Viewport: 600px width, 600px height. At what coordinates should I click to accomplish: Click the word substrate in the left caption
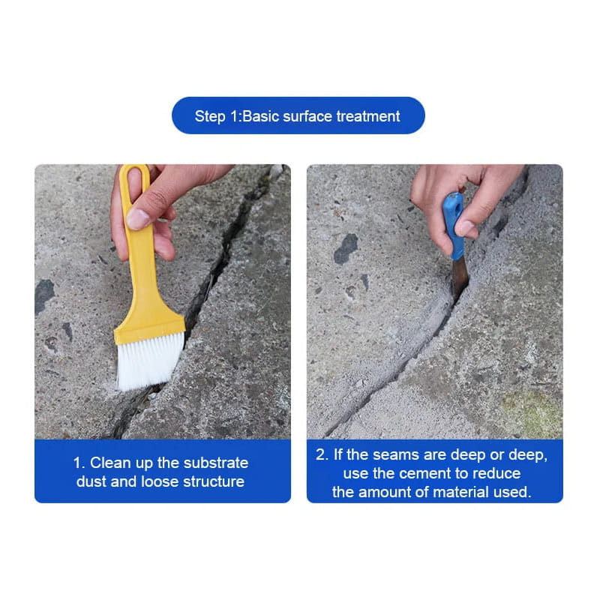tap(217, 463)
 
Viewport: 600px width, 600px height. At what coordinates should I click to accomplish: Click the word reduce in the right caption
tap(499, 473)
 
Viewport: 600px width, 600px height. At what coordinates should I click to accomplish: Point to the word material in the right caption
tap(452, 492)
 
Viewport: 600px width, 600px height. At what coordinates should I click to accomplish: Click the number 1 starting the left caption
tap(76, 463)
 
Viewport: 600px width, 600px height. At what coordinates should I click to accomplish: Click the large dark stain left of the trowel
tap(346, 249)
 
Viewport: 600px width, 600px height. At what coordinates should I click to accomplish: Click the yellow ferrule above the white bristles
tap(150, 322)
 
